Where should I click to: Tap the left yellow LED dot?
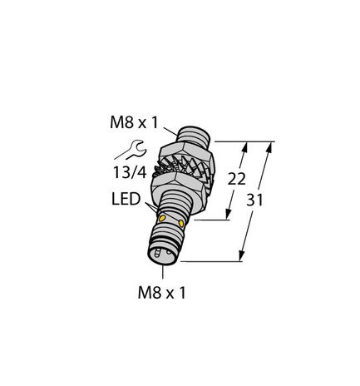tap(161, 219)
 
